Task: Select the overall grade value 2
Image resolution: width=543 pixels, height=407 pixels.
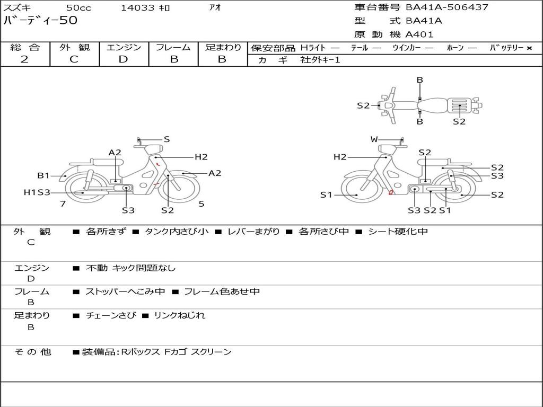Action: pos(24,59)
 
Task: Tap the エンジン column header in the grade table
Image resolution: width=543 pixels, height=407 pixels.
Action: pos(124,47)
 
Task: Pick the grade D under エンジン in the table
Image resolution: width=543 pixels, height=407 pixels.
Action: pos(123,59)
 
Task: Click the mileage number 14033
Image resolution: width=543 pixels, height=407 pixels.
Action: pos(137,7)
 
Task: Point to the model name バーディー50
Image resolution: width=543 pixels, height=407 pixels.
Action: pos(40,21)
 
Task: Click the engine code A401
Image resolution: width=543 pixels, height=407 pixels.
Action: pos(419,34)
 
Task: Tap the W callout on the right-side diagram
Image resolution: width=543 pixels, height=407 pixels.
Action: pos(374,139)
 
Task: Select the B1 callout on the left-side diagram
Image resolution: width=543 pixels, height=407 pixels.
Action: pos(43,175)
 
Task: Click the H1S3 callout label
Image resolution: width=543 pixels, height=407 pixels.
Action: pos(37,192)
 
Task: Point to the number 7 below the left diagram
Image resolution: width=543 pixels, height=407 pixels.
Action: pos(63,203)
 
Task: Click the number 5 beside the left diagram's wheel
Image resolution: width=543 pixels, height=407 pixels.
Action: pos(201,203)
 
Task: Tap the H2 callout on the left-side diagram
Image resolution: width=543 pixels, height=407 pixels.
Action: pos(200,157)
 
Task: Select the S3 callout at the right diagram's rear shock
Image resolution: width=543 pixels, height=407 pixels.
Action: pos(497,176)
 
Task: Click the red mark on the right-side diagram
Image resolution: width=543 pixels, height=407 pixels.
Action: pos(391,192)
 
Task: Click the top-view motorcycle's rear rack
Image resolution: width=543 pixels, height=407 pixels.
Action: pos(459,105)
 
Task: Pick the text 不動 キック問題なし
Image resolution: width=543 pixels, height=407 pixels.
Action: pos(130,268)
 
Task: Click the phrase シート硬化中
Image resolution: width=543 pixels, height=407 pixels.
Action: pos(398,232)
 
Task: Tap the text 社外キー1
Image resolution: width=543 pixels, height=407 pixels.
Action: pos(320,60)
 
